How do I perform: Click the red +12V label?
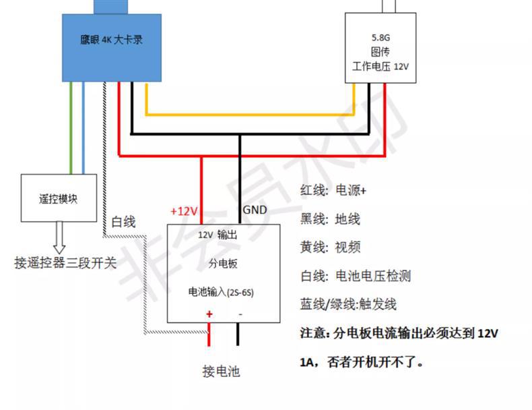[x=184, y=211]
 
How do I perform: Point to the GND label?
[x=255, y=210]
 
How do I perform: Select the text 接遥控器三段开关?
[x=65, y=262]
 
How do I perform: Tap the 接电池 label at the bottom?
[x=221, y=371]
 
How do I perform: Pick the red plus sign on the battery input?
[x=209, y=314]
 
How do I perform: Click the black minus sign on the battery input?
[x=240, y=314]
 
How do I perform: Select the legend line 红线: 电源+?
[x=333, y=190]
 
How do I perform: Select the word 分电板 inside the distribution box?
[x=223, y=264]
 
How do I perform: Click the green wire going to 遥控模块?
[x=71, y=128]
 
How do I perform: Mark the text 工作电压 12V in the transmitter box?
[x=380, y=67]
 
